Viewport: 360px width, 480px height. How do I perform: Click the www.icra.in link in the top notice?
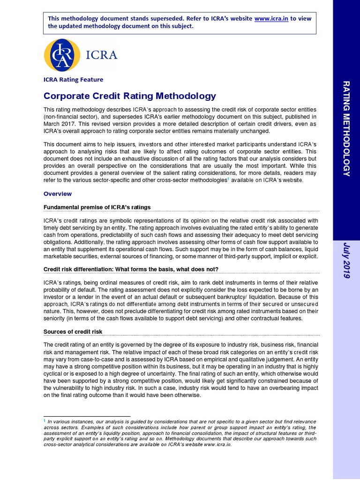pos(271,18)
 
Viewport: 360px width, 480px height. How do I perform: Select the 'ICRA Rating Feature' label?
pos(73,80)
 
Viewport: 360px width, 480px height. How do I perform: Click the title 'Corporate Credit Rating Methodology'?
pos(130,96)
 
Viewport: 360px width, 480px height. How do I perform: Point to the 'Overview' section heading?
pos(58,194)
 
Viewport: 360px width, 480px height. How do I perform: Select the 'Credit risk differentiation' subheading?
pos(131,269)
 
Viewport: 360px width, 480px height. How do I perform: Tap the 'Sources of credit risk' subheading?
pos(73,331)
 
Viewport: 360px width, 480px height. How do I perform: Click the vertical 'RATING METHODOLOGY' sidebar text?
pos(346,128)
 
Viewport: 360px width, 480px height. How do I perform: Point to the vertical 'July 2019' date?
pos(346,261)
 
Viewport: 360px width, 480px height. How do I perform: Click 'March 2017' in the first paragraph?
pos(61,124)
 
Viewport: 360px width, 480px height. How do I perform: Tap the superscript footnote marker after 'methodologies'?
pos(228,179)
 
